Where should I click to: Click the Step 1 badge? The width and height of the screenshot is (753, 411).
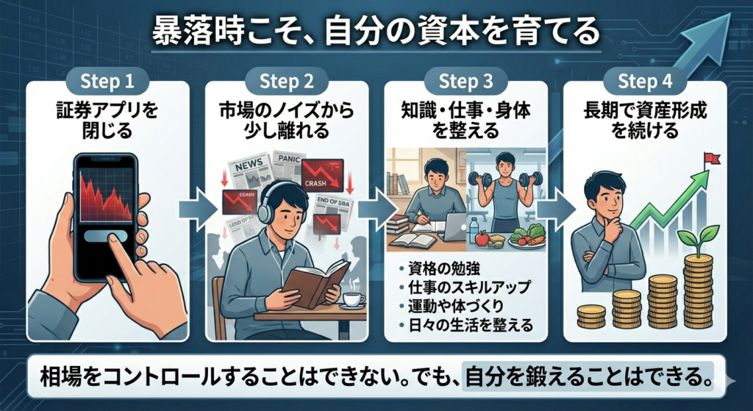(x=107, y=80)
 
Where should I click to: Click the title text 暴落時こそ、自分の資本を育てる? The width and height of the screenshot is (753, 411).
(x=376, y=33)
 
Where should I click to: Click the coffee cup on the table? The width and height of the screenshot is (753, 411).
(x=352, y=300)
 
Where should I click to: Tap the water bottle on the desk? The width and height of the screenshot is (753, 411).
(x=474, y=230)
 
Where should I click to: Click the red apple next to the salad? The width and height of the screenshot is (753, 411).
(x=481, y=239)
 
